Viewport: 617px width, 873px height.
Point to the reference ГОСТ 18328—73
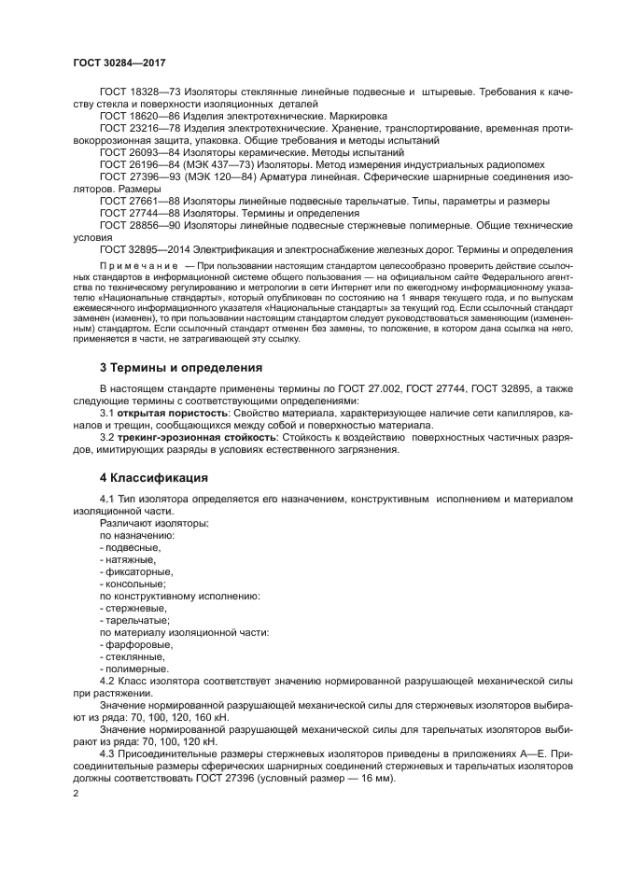139,92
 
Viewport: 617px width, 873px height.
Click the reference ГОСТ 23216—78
139,127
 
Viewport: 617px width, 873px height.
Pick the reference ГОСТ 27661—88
139,201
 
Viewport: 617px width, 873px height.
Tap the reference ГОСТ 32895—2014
144,248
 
